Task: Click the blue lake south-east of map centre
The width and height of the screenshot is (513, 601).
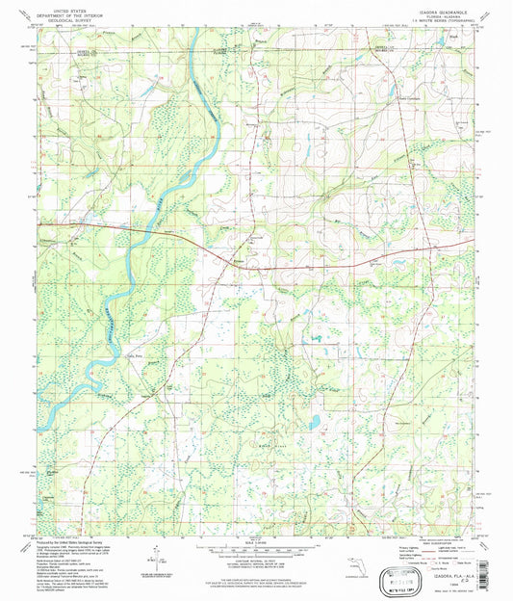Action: click(x=313, y=421)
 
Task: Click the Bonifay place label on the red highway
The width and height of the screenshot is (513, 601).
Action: click(x=238, y=260)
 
